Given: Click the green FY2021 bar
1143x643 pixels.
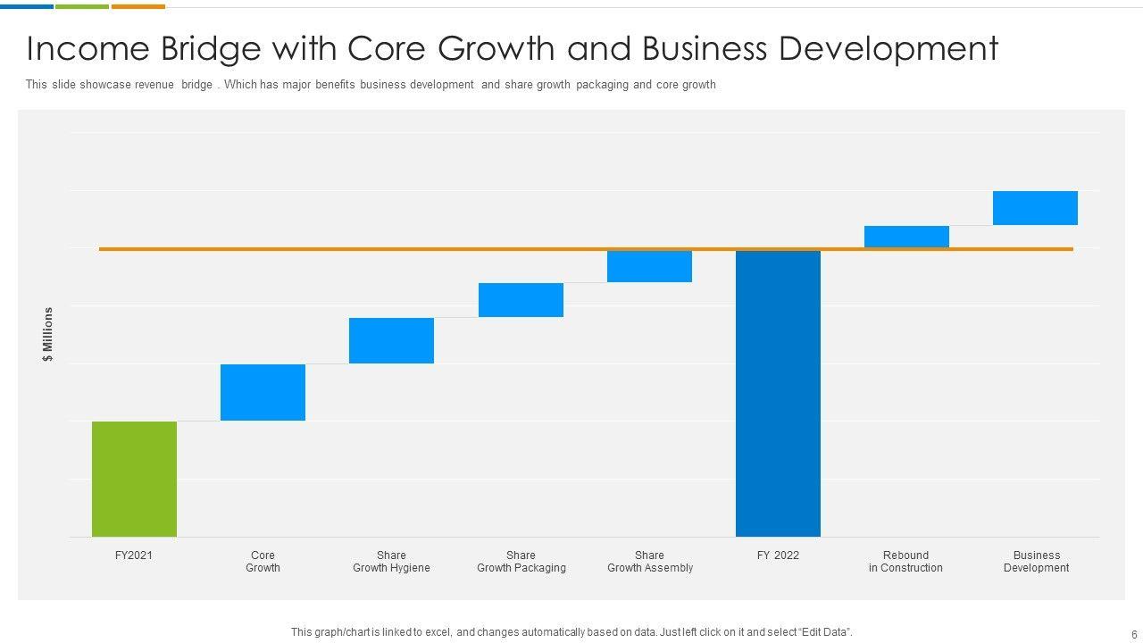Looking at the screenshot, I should (x=134, y=479).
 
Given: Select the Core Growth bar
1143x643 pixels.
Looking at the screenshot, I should (x=263, y=392).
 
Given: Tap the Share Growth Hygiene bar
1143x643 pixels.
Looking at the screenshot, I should (x=391, y=340).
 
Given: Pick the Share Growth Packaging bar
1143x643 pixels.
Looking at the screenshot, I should (x=521, y=300).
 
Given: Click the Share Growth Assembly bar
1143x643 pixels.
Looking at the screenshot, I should (x=649, y=266).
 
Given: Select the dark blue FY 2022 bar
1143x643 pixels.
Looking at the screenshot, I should (x=778, y=393).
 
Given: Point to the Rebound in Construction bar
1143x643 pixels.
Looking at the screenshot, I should (x=906, y=237).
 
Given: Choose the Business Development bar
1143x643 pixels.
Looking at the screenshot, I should (x=1035, y=208).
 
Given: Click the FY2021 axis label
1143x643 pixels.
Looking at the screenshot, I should (x=134, y=555).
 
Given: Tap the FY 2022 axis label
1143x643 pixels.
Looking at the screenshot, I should (x=778, y=555).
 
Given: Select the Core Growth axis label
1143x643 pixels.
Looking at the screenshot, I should (x=263, y=562).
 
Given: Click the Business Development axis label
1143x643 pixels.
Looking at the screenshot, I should (x=1036, y=562).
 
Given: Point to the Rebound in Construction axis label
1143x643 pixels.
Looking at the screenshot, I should (x=905, y=562).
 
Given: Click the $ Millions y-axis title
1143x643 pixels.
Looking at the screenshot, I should (x=48, y=334).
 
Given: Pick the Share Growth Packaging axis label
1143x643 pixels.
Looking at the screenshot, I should (x=521, y=562).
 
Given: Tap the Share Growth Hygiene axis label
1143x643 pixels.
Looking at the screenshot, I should (x=391, y=562).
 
